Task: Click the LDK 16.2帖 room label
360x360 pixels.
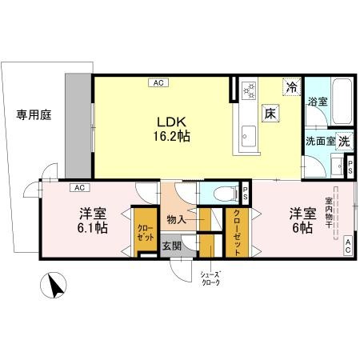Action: pos(172,130)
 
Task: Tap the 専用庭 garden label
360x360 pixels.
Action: pos(34,115)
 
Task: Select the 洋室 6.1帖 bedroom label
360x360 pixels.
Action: pos(93,220)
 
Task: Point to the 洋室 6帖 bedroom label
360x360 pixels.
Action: pos(302,220)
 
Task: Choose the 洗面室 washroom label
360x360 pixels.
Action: pos(318,141)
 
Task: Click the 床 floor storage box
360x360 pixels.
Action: pos(271,114)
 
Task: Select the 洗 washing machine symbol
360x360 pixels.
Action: pos(343,140)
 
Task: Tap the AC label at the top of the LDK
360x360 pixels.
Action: pos(158,82)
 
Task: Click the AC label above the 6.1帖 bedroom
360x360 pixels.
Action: pos(78,188)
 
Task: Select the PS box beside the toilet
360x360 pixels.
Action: pos(246,192)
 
